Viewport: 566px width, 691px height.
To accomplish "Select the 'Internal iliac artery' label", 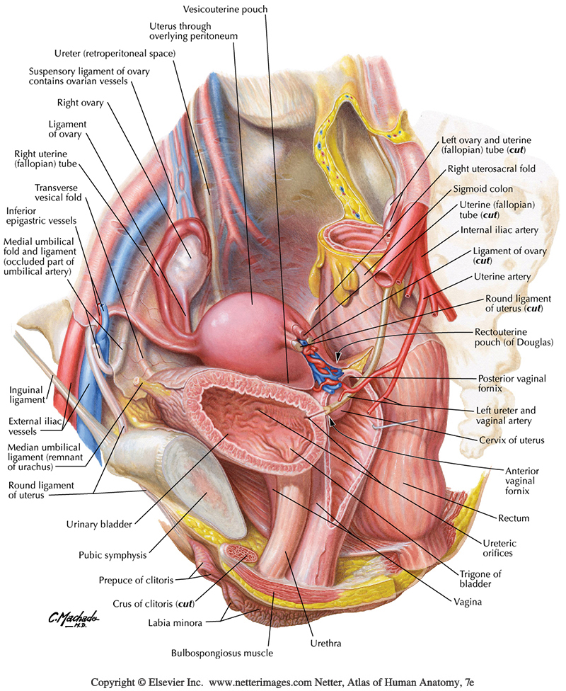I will click(499, 230).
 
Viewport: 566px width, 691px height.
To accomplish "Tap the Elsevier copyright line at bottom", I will click(282, 683).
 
